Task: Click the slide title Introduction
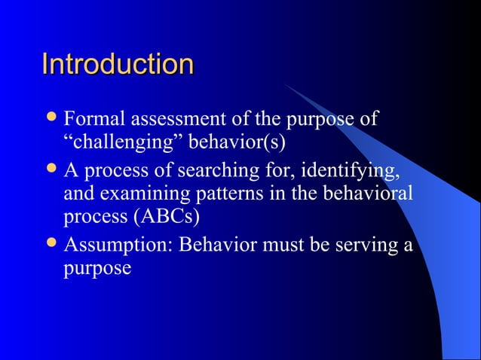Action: [x=118, y=64]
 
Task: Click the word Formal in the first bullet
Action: [x=96, y=120]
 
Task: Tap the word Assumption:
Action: [x=118, y=246]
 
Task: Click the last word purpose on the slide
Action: [x=97, y=269]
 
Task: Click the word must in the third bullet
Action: [x=286, y=246]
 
